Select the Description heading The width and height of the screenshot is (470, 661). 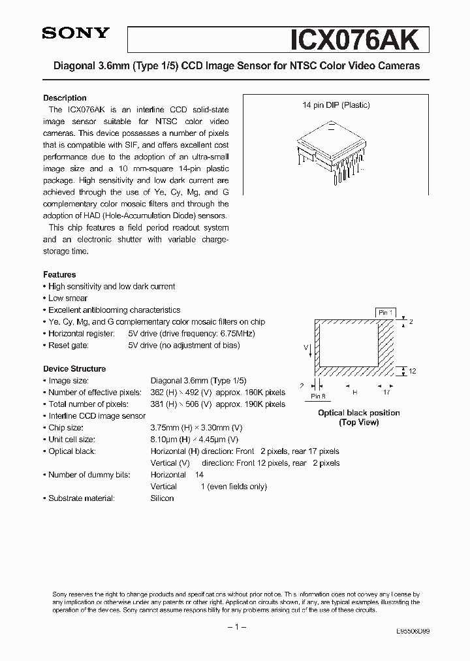coord(65,98)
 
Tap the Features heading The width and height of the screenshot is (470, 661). coord(59,275)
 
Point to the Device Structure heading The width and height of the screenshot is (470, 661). coord(74,369)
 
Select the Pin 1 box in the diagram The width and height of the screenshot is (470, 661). coord(385,313)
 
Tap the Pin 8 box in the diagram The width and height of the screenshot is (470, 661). coord(318,396)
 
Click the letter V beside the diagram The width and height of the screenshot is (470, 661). coord(305,348)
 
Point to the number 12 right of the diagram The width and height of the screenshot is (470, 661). coord(412,371)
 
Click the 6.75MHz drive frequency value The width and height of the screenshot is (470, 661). coord(236,334)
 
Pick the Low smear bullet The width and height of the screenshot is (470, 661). coord(68,298)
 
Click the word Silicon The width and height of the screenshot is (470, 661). coord(162,498)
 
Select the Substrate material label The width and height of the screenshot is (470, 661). coord(82,498)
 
